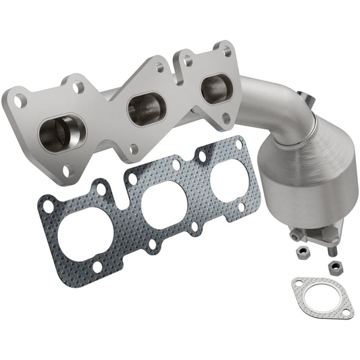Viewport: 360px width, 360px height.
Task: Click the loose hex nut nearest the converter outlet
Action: pyautogui.click(x=303, y=251)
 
